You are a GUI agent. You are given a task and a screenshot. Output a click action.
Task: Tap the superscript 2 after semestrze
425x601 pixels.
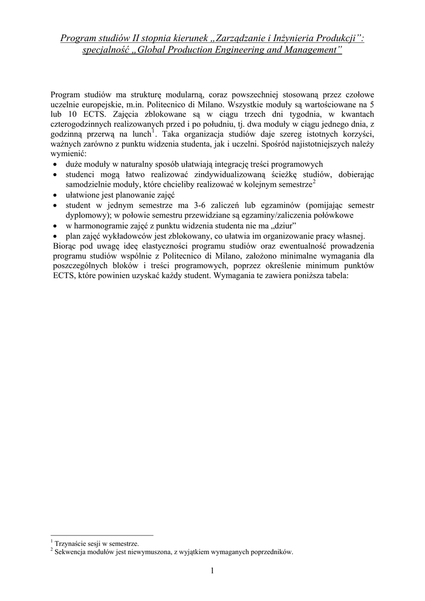tap(314, 183)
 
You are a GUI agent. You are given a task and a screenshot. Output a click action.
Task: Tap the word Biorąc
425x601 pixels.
tap(63, 246)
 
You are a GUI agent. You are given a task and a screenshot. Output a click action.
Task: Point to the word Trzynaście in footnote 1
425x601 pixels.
tap(69, 543)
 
